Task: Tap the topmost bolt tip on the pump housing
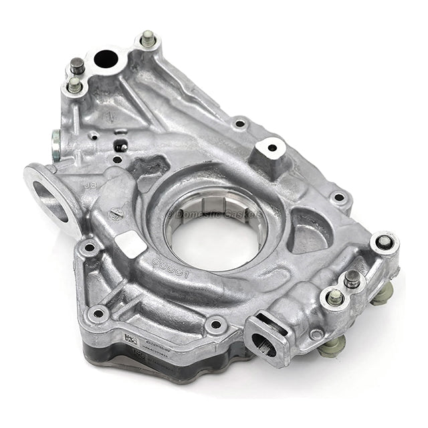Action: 148,39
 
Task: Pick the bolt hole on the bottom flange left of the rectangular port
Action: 215,325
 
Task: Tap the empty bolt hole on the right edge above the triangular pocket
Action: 339,197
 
